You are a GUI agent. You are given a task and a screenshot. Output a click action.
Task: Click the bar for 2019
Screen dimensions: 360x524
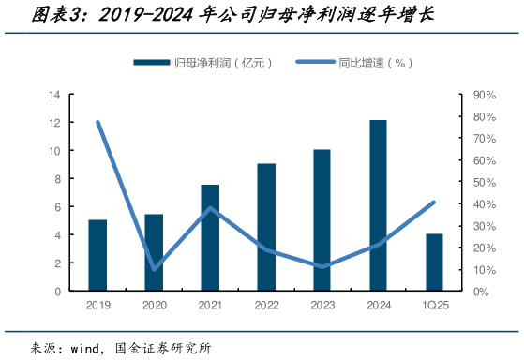coord(97,255)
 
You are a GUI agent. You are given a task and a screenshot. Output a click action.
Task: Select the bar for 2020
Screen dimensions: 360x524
coord(154,252)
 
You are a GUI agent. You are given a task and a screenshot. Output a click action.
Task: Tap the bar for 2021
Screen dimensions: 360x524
coord(210,238)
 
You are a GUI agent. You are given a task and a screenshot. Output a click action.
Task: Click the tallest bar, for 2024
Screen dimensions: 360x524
coord(378,205)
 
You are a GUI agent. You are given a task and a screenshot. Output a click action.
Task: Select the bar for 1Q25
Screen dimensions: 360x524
coord(434,262)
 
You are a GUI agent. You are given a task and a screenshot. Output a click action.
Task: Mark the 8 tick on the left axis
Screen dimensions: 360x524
coord(57,179)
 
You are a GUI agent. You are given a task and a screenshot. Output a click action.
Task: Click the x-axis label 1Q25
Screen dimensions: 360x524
coord(434,306)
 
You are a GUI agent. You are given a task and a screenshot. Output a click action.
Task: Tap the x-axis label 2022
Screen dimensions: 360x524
coord(266,306)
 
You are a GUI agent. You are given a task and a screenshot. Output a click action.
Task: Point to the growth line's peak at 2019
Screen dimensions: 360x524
coord(97,122)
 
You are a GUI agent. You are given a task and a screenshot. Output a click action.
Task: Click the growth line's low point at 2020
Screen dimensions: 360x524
coord(154,268)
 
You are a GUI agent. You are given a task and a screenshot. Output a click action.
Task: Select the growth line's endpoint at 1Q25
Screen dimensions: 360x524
coord(434,202)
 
